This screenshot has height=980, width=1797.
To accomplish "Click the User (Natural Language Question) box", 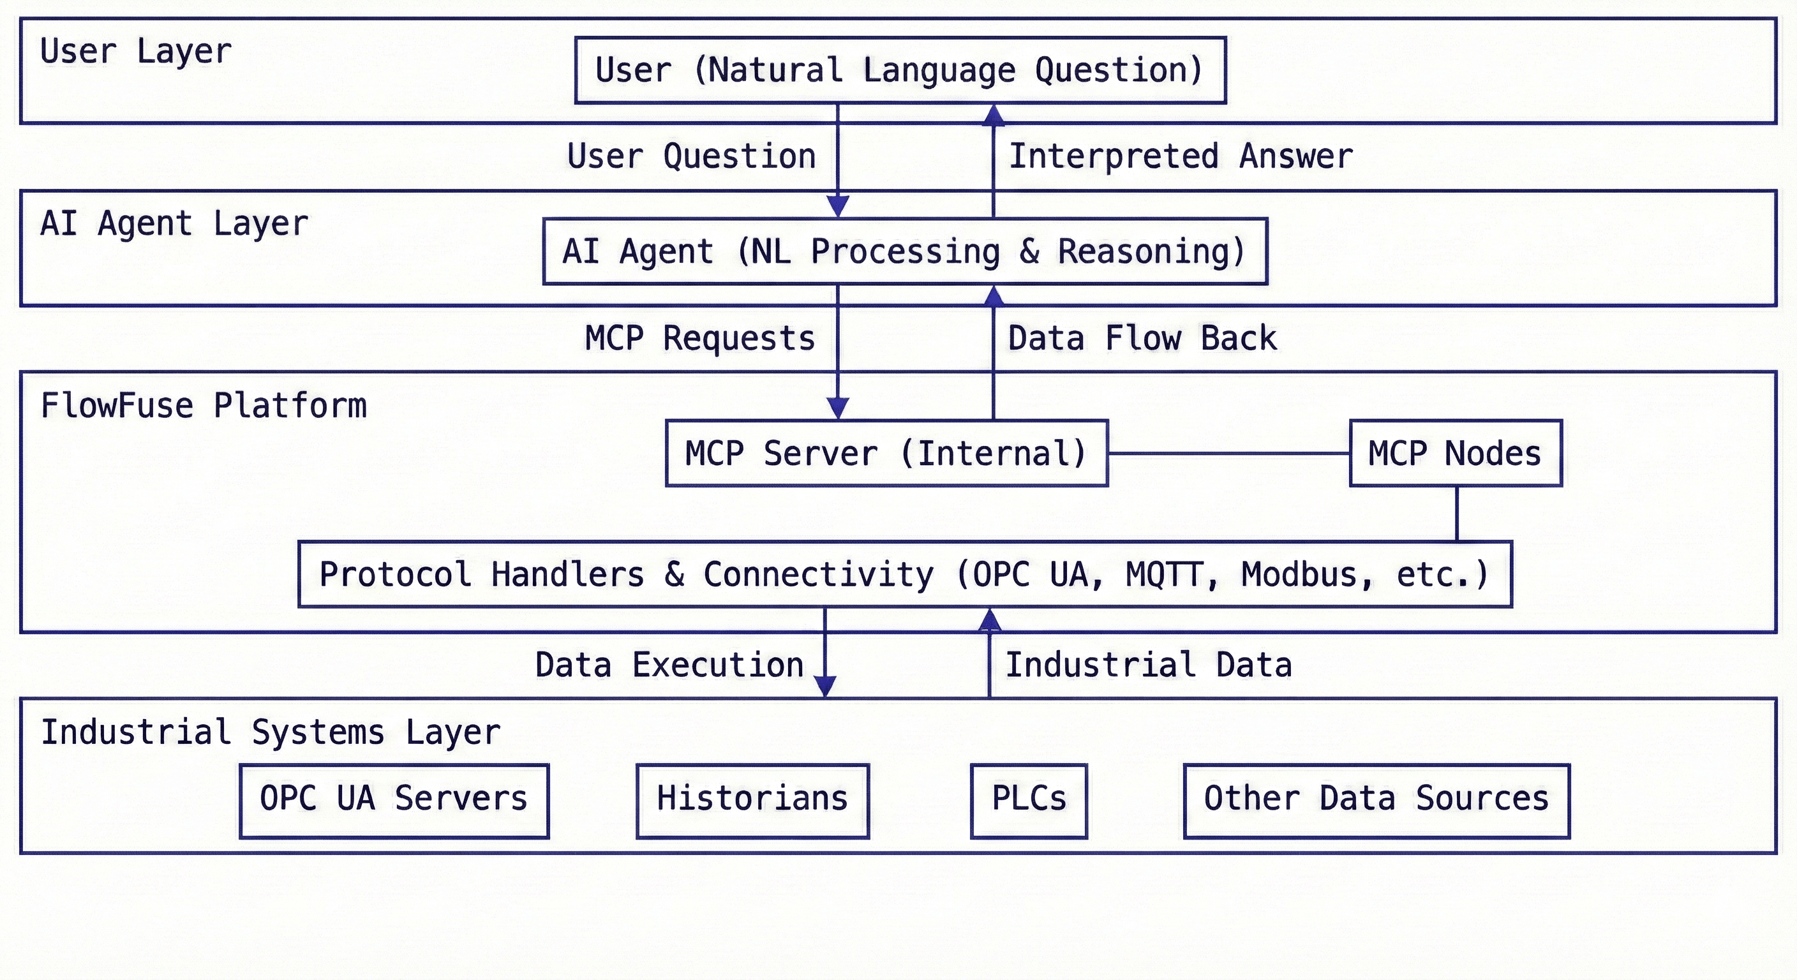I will point(900,70).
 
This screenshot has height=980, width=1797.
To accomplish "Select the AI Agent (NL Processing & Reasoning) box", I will point(905,252).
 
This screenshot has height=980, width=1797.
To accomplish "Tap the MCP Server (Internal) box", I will point(886,454).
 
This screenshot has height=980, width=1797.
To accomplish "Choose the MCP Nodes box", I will point(1455,454).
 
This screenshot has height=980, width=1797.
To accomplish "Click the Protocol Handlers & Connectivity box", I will point(905,575).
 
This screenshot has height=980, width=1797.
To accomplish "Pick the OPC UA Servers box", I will point(394,801).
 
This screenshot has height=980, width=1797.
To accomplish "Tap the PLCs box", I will point(1028,801).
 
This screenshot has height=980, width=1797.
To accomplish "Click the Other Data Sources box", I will point(1376,801).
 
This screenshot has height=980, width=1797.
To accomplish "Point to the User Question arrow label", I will point(691,156).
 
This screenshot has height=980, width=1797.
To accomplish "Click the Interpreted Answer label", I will point(1181,156).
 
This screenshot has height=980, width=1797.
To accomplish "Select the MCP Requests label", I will point(699,338).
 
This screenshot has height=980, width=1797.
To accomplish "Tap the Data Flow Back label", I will point(1142,338).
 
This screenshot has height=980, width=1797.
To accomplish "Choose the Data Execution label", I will point(669,665).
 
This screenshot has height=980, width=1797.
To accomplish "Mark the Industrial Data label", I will point(1148,665).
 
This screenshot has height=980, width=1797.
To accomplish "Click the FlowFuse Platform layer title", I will point(204,406).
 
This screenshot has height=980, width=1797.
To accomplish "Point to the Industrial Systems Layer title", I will point(271,732).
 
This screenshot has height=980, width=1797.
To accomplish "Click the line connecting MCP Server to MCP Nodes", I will point(1228,454).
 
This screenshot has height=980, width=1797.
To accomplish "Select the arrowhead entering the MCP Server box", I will point(837,409).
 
